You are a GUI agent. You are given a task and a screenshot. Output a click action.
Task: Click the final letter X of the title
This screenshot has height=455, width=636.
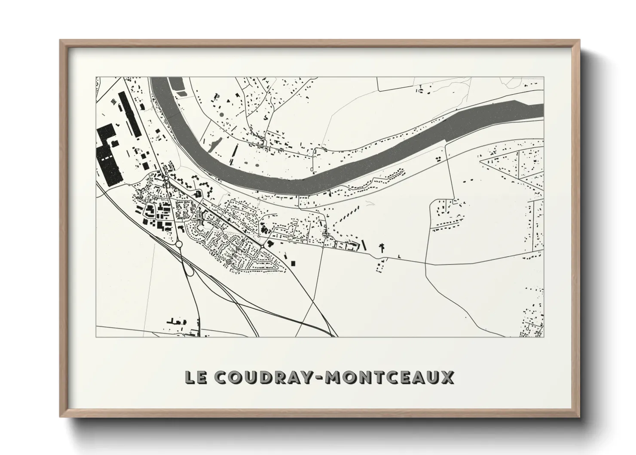point(447,377)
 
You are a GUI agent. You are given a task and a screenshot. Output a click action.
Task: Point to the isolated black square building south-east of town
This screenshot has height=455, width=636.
point(294,262)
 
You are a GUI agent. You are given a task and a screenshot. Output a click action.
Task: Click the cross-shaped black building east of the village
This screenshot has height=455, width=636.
point(381,247)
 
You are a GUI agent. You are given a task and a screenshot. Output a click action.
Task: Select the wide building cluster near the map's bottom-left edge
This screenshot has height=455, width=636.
point(176,321)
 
